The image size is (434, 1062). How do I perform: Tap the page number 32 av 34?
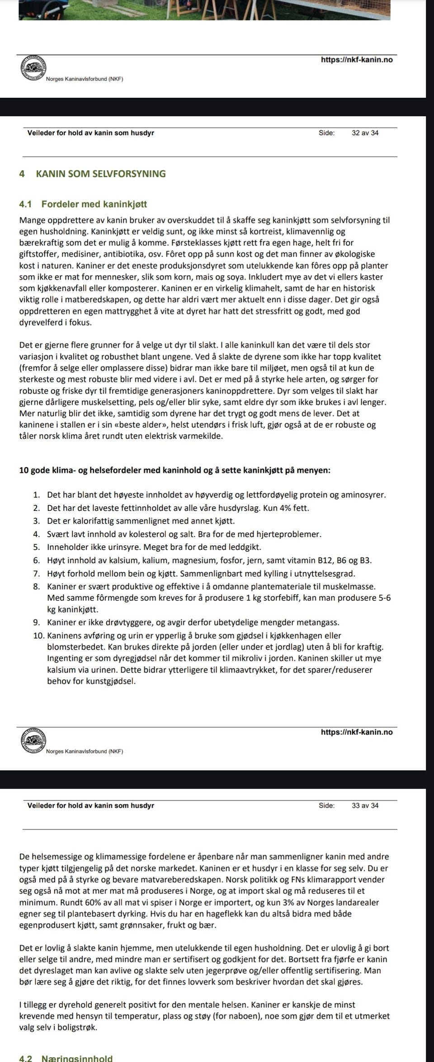pyautogui.click(x=365, y=133)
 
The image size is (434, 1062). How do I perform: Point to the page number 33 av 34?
pyautogui.click(x=365, y=805)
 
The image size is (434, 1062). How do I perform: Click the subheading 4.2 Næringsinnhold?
pyautogui.click(x=77, y=1058)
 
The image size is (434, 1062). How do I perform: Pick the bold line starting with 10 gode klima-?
pyautogui.click(x=175, y=471)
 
